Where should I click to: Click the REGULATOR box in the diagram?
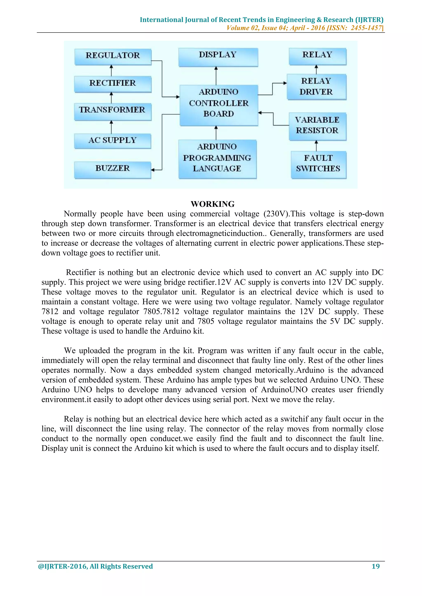coord(113,56)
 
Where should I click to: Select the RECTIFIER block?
coord(113,84)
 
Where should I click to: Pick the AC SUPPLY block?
coord(113,141)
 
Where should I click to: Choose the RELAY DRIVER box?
coord(316,86)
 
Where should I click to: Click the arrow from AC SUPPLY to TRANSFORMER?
coord(111,127)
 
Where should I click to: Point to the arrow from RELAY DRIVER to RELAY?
coord(316,69)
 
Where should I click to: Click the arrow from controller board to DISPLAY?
coord(216,76)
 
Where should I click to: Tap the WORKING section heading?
coord(213,204)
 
